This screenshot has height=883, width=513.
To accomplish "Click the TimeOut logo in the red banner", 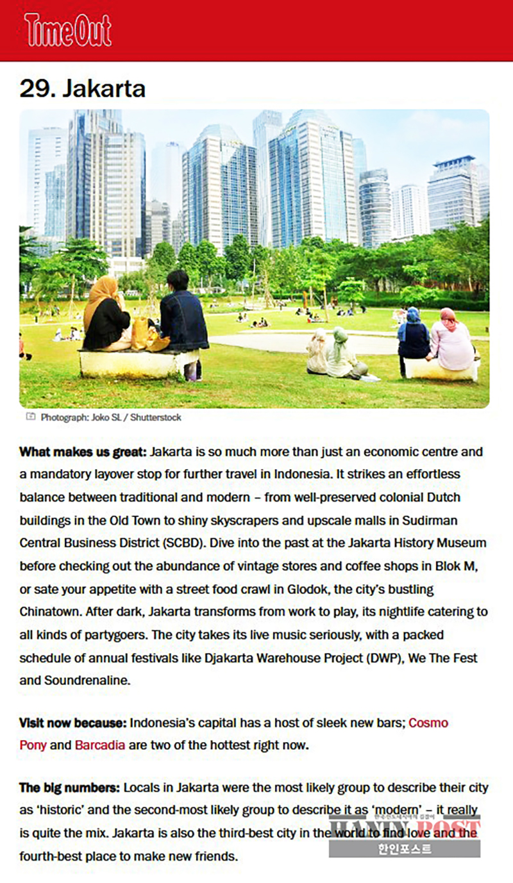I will pyautogui.click(x=68, y=30).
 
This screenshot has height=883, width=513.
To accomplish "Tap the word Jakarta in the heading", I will pyautogui.click(x=104, y=88).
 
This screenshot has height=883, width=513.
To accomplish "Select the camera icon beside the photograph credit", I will pyautogui.click(x=31, y=417).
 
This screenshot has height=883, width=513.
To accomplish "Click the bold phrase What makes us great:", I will pyautogui.click(x=83, y=452).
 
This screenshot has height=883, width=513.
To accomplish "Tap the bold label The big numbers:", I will pyautogui.click(x=70, y=788).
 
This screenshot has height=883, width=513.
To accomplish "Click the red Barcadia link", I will pyautogui.click(x=100, y=745).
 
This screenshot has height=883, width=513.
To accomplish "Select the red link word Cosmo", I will pyautogui.click(x=428, y=723).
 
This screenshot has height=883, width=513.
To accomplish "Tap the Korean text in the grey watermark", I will pyautogui.click(x=404, y=850).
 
